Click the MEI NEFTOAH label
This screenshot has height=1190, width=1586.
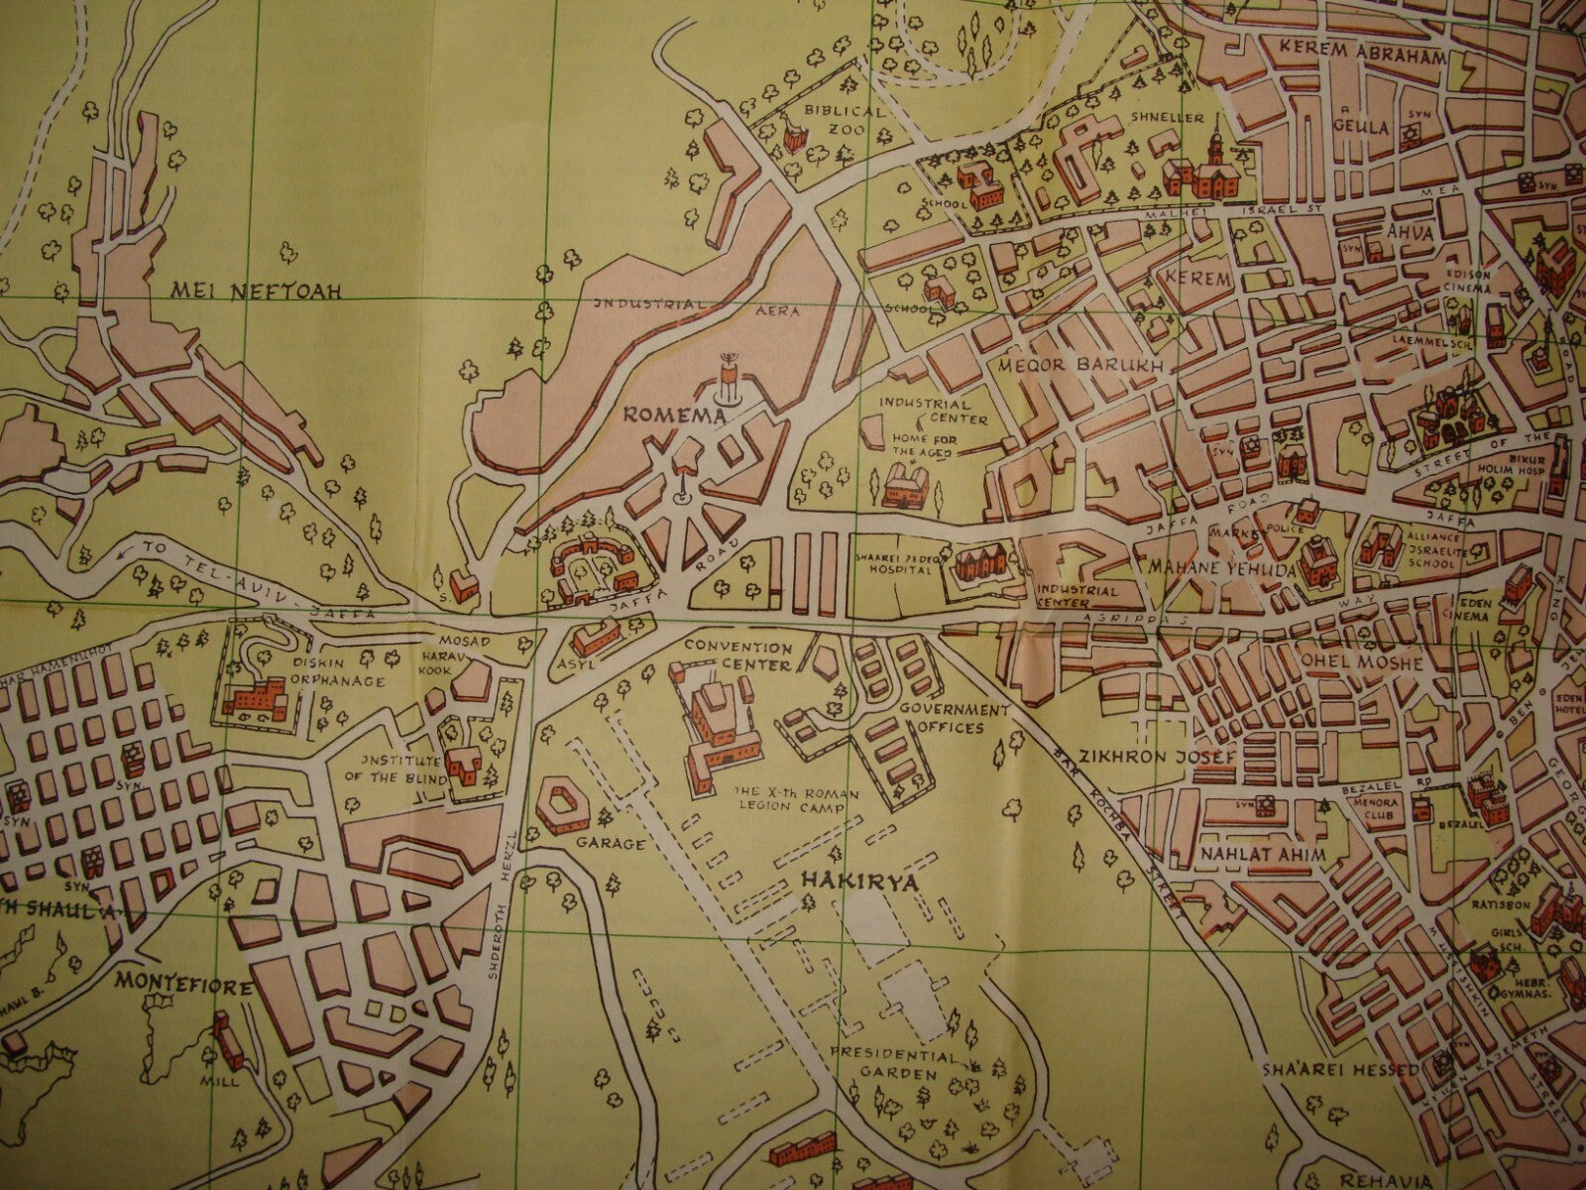pos(256,291)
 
